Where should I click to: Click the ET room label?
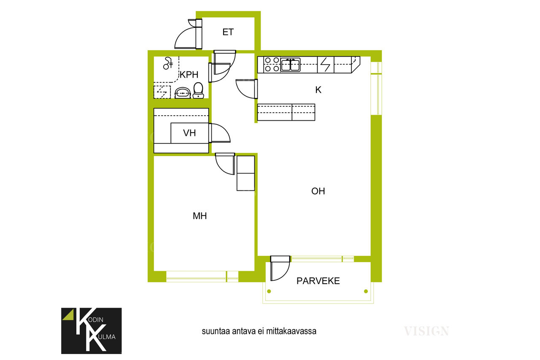(228, 32)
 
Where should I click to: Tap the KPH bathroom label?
(189, 75)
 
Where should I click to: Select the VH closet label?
(189, 133)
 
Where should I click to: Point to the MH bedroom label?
(200, 216)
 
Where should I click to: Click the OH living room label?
(318, 191)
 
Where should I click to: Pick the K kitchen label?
(318, 90)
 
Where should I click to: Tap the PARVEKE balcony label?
(318, 281)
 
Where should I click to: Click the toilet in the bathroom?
(198, 90)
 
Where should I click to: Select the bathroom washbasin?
(183, 93)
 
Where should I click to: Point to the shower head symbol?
(167, 63)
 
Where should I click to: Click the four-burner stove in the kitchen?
(272, 65)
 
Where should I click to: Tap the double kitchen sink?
(290, 65)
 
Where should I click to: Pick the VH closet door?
(220, 133)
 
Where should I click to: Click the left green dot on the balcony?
(269, 291)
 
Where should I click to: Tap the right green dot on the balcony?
(366, 291)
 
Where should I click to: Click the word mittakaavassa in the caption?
(291, 331)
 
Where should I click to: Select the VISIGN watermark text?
(427, 331)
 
